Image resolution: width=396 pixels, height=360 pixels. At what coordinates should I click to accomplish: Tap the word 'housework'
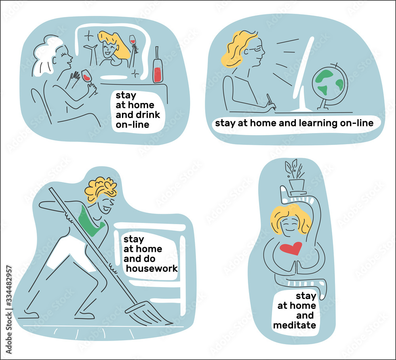click(152, 269)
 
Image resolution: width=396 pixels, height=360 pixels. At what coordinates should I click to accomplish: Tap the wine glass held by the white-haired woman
click(87, 76)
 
